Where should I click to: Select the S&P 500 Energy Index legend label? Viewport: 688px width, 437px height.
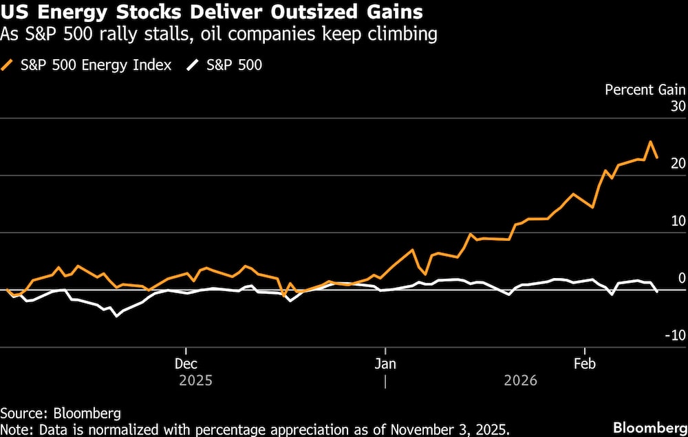(96, 65)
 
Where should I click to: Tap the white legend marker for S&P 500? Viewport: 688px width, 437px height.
(194, 65)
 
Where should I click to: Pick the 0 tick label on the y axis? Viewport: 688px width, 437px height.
(681, 278)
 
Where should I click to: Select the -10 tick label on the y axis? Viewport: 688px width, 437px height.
(674, 335)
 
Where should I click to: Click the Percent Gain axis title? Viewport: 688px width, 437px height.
(645, 89)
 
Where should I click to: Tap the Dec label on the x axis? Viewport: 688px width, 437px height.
(186, 363)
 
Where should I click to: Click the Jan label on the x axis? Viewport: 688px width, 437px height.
(385, 363)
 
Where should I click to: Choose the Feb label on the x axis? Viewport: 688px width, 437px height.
(584, 363)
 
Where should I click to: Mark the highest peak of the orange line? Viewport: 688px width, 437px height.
(650, 142)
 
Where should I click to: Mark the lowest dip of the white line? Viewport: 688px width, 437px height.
(116, 316)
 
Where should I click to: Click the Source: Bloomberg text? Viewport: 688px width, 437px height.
(61, 414)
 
